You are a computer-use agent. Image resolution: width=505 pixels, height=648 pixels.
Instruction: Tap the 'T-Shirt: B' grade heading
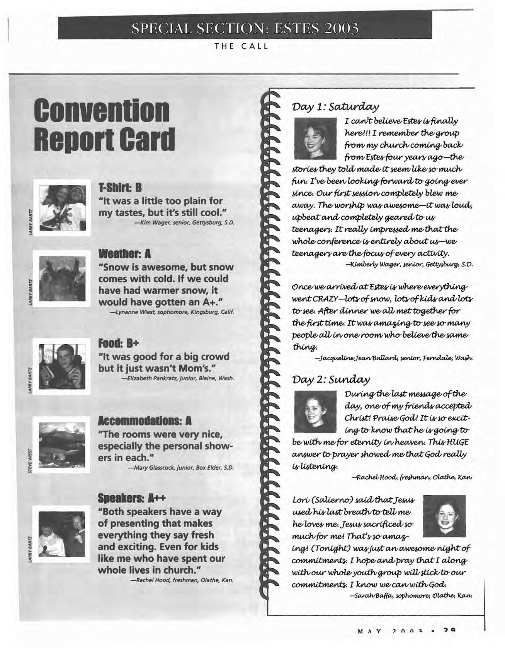[120, 188]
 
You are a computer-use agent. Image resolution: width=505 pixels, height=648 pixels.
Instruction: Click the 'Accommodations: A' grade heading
[145, 421]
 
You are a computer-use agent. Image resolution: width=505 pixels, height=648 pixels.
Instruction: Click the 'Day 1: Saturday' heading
[335, 106]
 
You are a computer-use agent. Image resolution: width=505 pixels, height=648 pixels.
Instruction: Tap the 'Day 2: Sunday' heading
[331, 379]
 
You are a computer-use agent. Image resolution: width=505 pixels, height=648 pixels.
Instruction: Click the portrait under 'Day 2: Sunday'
[315, 411]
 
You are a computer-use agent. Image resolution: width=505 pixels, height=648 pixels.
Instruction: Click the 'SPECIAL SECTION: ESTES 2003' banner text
[245, 29]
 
